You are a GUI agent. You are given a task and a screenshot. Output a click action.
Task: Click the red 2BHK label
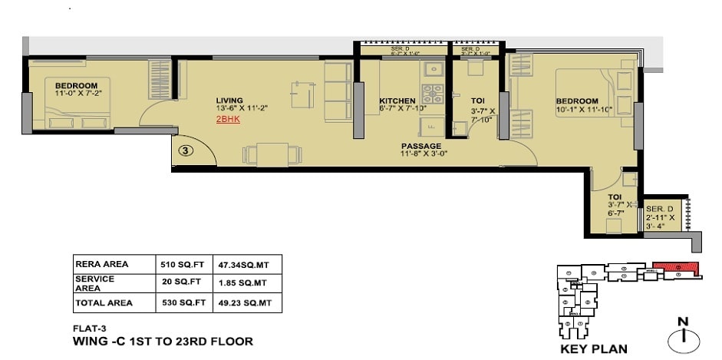coord(227,121)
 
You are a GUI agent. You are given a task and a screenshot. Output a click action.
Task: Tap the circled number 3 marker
coord(184,150)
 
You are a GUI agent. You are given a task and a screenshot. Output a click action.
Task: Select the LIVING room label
coord(229,101)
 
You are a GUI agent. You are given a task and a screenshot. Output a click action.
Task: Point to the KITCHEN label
coord(397,101)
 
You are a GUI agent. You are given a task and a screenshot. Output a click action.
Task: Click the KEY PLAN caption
coord(594,348)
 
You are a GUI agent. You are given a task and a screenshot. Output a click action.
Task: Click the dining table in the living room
coord(272,154)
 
